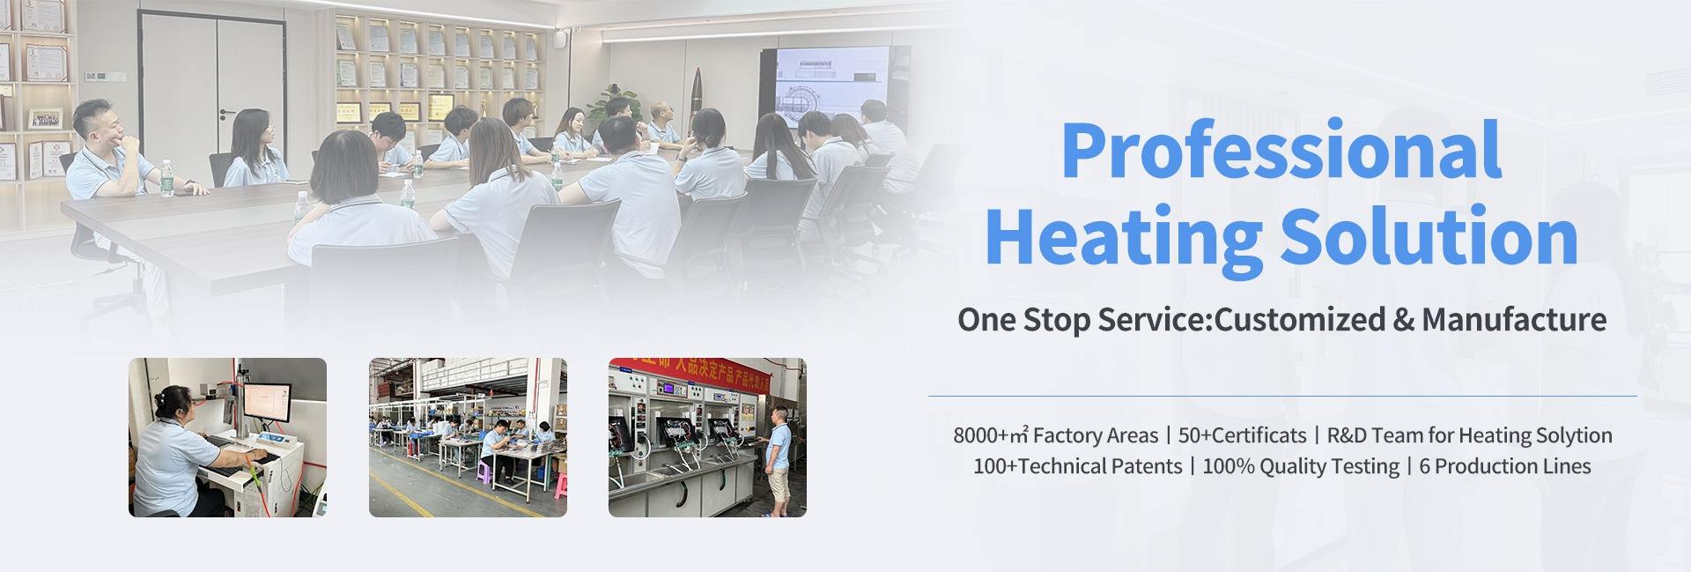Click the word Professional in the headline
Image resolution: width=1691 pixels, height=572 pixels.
(x=1281, y=151)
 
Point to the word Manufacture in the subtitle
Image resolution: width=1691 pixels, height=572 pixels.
(x=1514, y=318)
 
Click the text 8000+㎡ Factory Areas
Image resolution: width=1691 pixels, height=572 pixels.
(x=1055, y=435)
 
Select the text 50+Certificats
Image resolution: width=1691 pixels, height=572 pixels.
(x=1242, y=435)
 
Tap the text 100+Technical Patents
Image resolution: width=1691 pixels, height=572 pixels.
(x=1077, y=466)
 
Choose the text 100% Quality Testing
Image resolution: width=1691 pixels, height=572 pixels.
(x=1300, y=466)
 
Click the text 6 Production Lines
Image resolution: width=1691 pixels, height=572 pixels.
(x=1505, y=466)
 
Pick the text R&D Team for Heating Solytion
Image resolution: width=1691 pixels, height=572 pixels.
(x=1469, y=435)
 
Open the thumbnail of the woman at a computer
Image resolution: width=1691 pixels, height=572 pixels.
(x=227, y=437)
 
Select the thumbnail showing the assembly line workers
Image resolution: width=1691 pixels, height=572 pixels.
(x=468, y=437)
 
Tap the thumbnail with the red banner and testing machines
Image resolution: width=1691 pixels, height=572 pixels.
(x=707, y=437)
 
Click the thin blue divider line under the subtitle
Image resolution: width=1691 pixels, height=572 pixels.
(x=1282, y=396)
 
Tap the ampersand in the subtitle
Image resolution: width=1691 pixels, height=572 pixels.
(x=1403, y=319)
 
